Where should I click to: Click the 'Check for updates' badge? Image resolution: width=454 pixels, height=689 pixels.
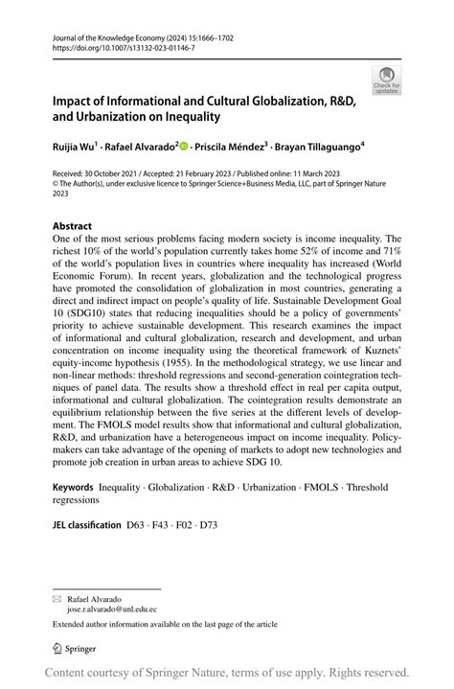click(x=388, y=80)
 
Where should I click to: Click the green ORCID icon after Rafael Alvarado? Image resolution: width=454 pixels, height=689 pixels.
click(x=184, y=148)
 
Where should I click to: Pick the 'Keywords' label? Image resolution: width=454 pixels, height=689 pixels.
click(x=73, y=488)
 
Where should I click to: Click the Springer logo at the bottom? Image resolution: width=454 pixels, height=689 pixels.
click(x=79, y=649)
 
